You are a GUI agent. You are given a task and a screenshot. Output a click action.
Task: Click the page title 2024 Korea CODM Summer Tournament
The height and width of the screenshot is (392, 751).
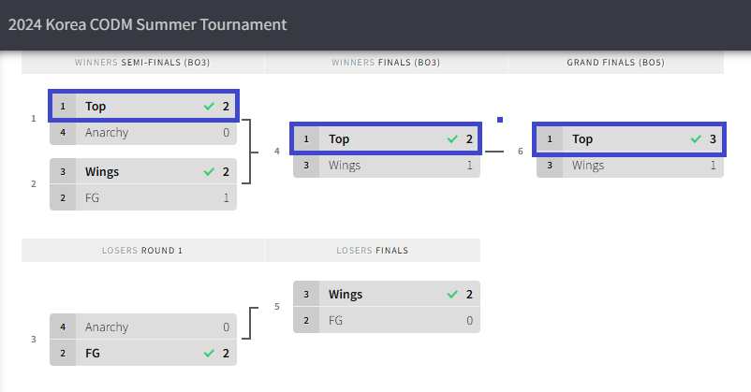pyautogui.click(x=148, y=24)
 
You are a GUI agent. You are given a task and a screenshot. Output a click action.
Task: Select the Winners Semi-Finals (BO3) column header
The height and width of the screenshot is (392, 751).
pyautogui.click(x=142, y=63)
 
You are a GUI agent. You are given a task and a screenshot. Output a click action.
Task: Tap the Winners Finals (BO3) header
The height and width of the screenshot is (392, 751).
pyautogui.click(x=386, y=63)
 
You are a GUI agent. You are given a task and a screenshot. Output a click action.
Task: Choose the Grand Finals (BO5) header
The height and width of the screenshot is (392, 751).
pyautogui.click(x=615, y=63)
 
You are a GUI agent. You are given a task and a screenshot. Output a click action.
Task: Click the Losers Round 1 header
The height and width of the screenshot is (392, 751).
pyautogui.click(x=142, y=251)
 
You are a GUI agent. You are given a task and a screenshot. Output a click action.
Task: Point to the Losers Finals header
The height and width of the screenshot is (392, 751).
pyautogui.click(x=372, y=251)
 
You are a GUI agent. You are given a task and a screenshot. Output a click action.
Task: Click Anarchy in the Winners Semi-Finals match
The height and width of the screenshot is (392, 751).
pyautogui.click(x=107, y=133)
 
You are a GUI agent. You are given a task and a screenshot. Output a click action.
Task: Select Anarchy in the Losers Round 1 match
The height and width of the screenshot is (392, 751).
pyautogui.click(x=107, y=327)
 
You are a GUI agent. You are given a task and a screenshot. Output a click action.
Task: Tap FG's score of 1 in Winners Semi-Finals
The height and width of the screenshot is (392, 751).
pyautogui.click(x=226, y=198)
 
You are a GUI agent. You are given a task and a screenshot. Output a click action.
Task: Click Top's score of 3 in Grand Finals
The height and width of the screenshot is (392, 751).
pyautogui.click(x=713, y=139)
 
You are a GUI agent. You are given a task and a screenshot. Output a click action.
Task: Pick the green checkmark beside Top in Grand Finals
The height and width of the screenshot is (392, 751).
pyautogui.click(x=696, y=139)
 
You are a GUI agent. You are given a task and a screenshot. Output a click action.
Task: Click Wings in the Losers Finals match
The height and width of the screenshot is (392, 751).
pyautogui.click(x=346, y=295)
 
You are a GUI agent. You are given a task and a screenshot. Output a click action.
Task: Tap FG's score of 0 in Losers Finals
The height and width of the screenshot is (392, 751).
pyautogui.click(x=469, y=321)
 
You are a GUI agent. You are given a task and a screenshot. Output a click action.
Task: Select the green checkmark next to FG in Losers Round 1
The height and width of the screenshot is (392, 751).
pyautogui.click(x=209, y=354)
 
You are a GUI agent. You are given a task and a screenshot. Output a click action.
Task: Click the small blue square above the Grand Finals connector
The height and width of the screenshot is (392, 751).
pyautogui.click(x=500, y=120)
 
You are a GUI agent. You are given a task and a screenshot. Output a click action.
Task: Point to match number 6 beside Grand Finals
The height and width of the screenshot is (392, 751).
pyautogui.click(x=521, y=151)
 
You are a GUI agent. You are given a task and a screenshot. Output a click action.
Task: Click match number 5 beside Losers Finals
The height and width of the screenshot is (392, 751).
pyautogui.click(x=277, y=306)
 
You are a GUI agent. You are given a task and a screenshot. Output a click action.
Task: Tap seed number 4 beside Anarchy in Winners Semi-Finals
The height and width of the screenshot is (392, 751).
pyautogui.click(x=63, y=133)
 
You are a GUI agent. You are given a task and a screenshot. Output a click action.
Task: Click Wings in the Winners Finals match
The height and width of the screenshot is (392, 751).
pyautogui.click(x=345, y=166)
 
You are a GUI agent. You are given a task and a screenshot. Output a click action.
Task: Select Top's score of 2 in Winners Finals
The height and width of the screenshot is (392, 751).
pyautogui.click(x=469, y=139)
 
